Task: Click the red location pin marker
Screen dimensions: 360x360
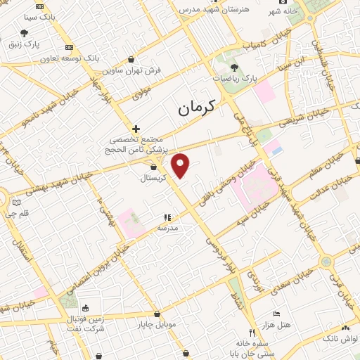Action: [x=181, y=165]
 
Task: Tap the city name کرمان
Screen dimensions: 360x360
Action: [x=196, y=108]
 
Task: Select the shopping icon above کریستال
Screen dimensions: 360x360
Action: [x=154, y=167]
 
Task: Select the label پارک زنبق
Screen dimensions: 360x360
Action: [x=24, y=44]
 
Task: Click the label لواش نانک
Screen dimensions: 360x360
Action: [x=345, y=339]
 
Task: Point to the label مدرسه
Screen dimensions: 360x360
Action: [x=167, y=229]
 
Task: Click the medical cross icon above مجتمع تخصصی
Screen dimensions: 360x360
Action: [x=136, y=129]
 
